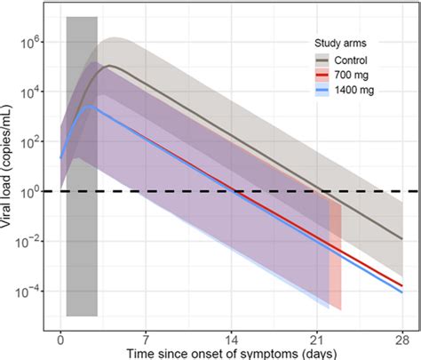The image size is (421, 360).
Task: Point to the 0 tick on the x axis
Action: click(x=60, y=338)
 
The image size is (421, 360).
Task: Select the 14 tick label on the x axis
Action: click(x=231, y=338)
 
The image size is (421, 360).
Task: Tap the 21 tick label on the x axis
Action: click(x=317, y=338)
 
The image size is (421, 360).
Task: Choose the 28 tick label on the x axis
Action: click(x=402, y=338)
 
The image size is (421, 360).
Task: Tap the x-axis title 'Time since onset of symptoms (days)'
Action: click(x=230, y=352)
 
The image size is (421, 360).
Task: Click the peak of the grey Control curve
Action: click(x=109, y=66)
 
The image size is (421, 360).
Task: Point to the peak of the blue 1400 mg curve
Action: click(x=93, y=107)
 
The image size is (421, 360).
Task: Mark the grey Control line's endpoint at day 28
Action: click(x=402, y=238)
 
